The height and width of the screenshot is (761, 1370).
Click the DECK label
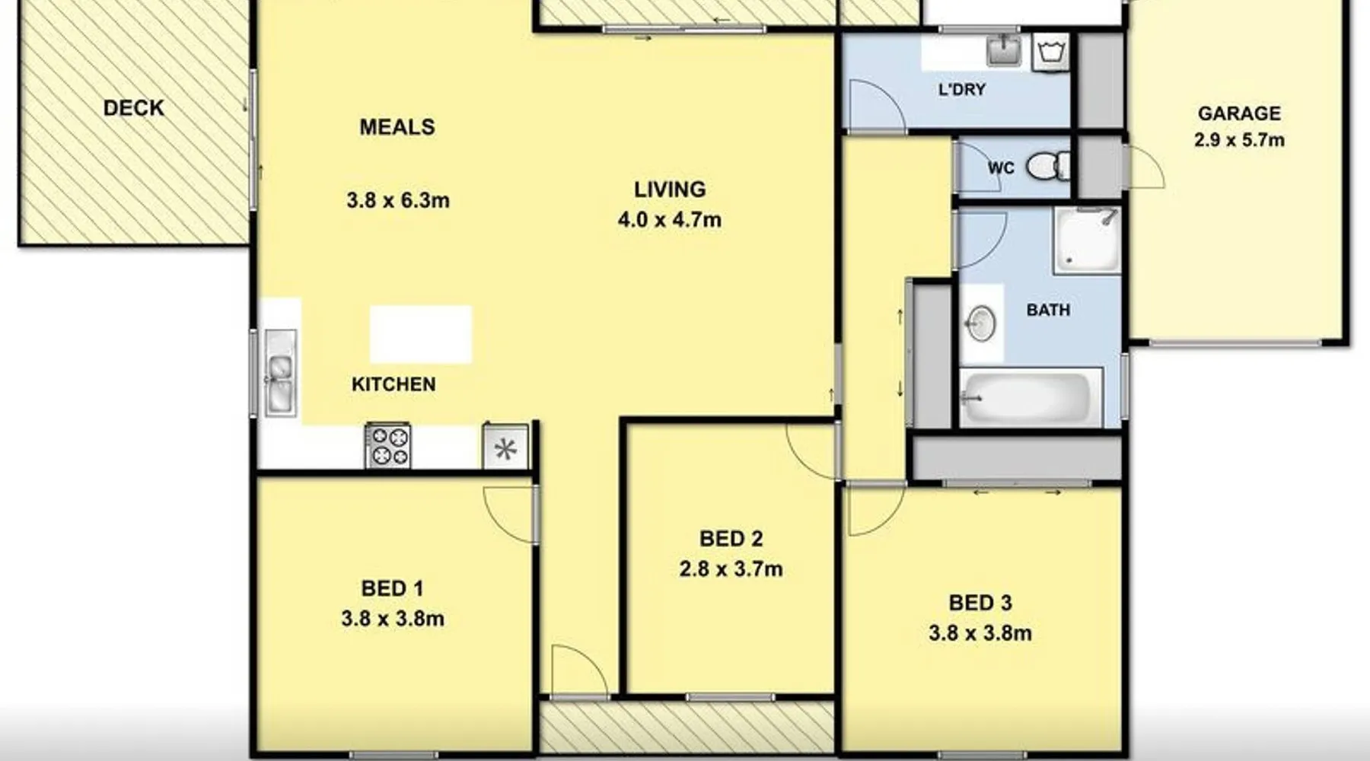click(x=134, y=108)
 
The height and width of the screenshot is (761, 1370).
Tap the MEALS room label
click(x=397, y=127)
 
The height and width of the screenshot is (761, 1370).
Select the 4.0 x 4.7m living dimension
click(x=670, y=220)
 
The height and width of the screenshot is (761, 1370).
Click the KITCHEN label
click(x=393, y=384)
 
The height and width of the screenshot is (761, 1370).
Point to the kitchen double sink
click(x=280, y=373)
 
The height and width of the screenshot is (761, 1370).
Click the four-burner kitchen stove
click(x=388, y=445)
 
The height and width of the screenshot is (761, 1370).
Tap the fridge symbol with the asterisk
click(x=505, y=447)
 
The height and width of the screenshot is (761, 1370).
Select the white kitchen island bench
click(x=421, y=334)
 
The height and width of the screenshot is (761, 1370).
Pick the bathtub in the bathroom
click(x=1031, y=398)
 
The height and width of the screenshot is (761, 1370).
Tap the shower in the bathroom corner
click(x=1087, y=240)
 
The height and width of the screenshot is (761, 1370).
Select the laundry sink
click(x=1005, y=49)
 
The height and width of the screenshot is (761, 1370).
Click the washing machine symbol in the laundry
click(x=1051, y=53)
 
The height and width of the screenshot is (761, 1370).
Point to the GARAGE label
click(x=1239, y=113)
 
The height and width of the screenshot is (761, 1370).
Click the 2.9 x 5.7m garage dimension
click(x=1239, y=140)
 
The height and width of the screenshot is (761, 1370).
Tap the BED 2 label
click(x=731, y=539)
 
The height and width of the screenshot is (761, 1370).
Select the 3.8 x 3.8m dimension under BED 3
click(x=980, y=633)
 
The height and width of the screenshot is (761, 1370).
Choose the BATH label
click(x=1048, y=310)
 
